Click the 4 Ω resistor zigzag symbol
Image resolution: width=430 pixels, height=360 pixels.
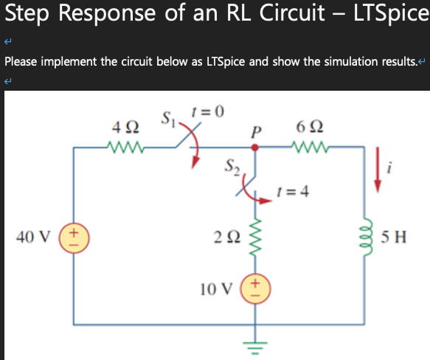click(x=125, y=147)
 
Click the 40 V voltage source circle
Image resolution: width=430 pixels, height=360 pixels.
click(x=74, y=238)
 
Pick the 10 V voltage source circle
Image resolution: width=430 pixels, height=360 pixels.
click(x=255, y=288)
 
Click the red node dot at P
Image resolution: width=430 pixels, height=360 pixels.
click(x=254, y=148)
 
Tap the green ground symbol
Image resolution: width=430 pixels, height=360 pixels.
click(x=255, y=348)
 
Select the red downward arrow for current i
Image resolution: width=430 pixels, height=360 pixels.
click(x=378, y=170)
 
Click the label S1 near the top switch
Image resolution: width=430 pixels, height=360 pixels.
click(x=168, y=119)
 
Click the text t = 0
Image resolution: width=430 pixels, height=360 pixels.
click(x=208, y=111)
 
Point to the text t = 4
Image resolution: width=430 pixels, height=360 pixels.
click(x=293, y=191)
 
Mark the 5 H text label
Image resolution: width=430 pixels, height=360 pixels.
click(x=394, y=237)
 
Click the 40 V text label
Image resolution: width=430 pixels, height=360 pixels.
click(x=33, y=237)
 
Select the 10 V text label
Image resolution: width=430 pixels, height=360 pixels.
click(x=216, y=289)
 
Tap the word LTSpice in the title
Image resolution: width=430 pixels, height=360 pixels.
click(x=392, y=13)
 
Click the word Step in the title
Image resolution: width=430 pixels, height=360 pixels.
click(x=27, y=13)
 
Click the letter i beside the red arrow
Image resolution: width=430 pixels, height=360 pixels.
click(x=389, y=167)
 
